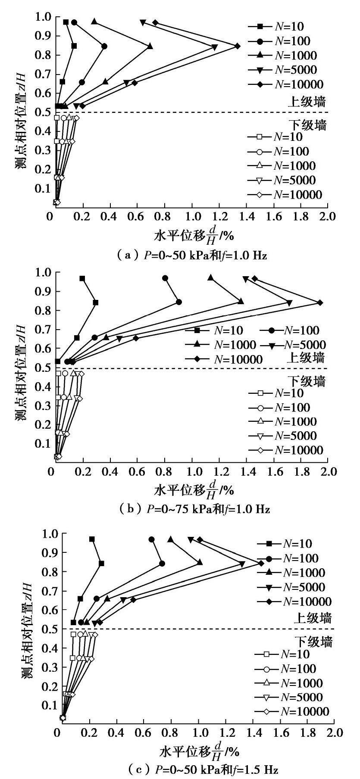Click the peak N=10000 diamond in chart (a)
point(237,46)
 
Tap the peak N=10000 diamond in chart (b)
point(320,302)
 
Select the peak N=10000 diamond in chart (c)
point(261,563)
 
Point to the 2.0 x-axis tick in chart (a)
point(328,216)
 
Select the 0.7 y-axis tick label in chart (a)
point(42,74)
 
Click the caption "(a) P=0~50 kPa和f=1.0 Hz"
point(192,256)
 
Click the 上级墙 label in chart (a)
point(307,102)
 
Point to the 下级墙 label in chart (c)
point(313,642)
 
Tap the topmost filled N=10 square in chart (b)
point(82,279)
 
